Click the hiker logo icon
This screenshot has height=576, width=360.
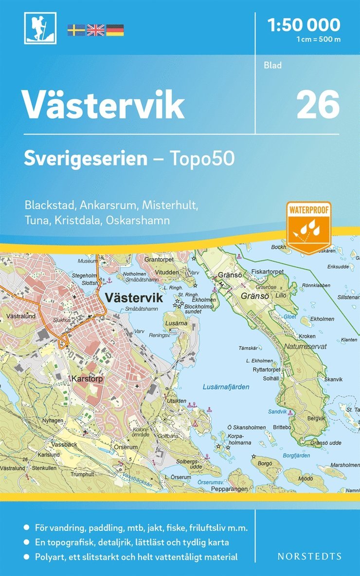(40, 28)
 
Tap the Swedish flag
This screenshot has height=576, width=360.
(76, 30)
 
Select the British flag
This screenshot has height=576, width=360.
(95, 30)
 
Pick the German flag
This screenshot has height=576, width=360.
(115, 30)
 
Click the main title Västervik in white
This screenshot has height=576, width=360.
(104, 104)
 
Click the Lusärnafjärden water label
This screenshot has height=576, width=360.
(225, 387)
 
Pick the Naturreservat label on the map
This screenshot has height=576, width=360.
(306, 346)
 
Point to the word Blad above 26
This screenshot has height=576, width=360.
(273, 65)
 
